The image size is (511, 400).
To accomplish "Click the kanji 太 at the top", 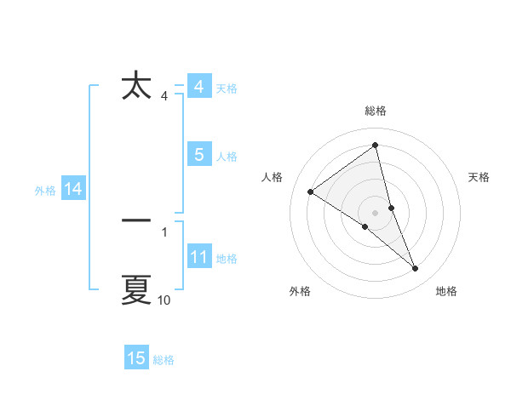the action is click(136, 88).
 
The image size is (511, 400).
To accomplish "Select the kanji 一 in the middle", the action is click(136, 220).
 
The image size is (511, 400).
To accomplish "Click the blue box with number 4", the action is click(198, 87).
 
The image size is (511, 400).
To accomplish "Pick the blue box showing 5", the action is click(198, 155).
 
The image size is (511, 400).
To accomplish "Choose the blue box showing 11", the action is click(198, 257).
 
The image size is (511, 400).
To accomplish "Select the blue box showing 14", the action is click(72, 189).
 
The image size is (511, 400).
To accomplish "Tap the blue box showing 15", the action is click(136, 358).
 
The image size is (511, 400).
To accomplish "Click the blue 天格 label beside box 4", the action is click(227, 89).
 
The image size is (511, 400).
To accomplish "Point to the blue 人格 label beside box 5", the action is click(227, 157).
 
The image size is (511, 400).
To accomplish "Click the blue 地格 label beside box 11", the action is click(227, 259).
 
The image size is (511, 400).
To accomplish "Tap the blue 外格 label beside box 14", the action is click(45, 191).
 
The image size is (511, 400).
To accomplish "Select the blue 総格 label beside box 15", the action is click(164, 360).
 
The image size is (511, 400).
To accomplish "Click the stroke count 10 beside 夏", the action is click(164, 300).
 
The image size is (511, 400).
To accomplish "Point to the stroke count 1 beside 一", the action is click(164, 231).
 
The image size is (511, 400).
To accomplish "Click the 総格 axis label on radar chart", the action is click(375, 111).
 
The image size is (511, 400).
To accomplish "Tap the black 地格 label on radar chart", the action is click(446, 291).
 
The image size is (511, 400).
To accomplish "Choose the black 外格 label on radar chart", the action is click(300, 291).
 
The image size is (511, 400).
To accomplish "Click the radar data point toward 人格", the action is click(311, 191).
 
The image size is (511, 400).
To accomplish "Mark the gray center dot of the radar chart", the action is click(375, 212).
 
